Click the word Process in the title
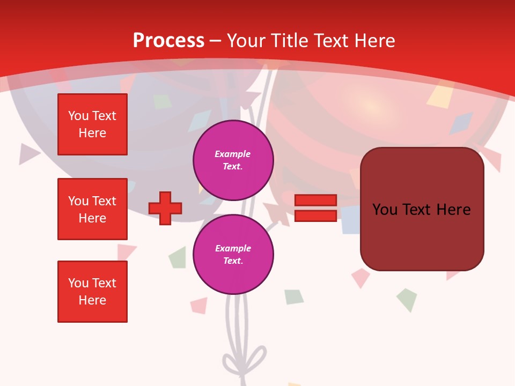click(x=168, y=40)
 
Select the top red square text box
click(x=92, y=124)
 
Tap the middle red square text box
click(x=92, y=209)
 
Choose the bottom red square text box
click(x=92, y=292)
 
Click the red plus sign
click(x=165, y=208)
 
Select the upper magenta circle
click(x=233, y=160)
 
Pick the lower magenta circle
click(x=233, y=255)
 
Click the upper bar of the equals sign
click(x=315, y=200)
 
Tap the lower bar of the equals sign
click(x=315, y=216)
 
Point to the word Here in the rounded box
click(x=453, y=210)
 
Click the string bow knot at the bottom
click(x=244, y=359)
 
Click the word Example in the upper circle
click(x=232, y=154)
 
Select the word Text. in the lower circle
click(x=233, y=261)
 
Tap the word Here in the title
click(x=375, y=40)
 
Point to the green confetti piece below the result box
click(x=406, y=299)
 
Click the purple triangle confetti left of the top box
click(x=28, y=154)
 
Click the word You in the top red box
click(x=78, y=116)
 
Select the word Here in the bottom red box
click(x=92, y=300)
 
